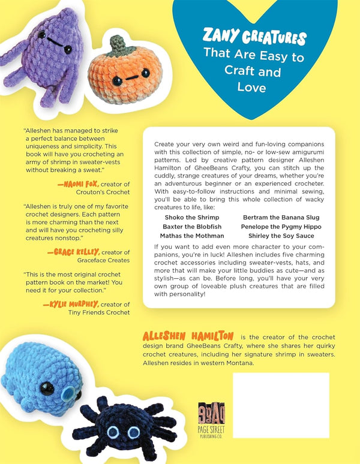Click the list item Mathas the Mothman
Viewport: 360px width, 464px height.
(x=191, y=236)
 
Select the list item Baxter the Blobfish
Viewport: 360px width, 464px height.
(x=191, y=227)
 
